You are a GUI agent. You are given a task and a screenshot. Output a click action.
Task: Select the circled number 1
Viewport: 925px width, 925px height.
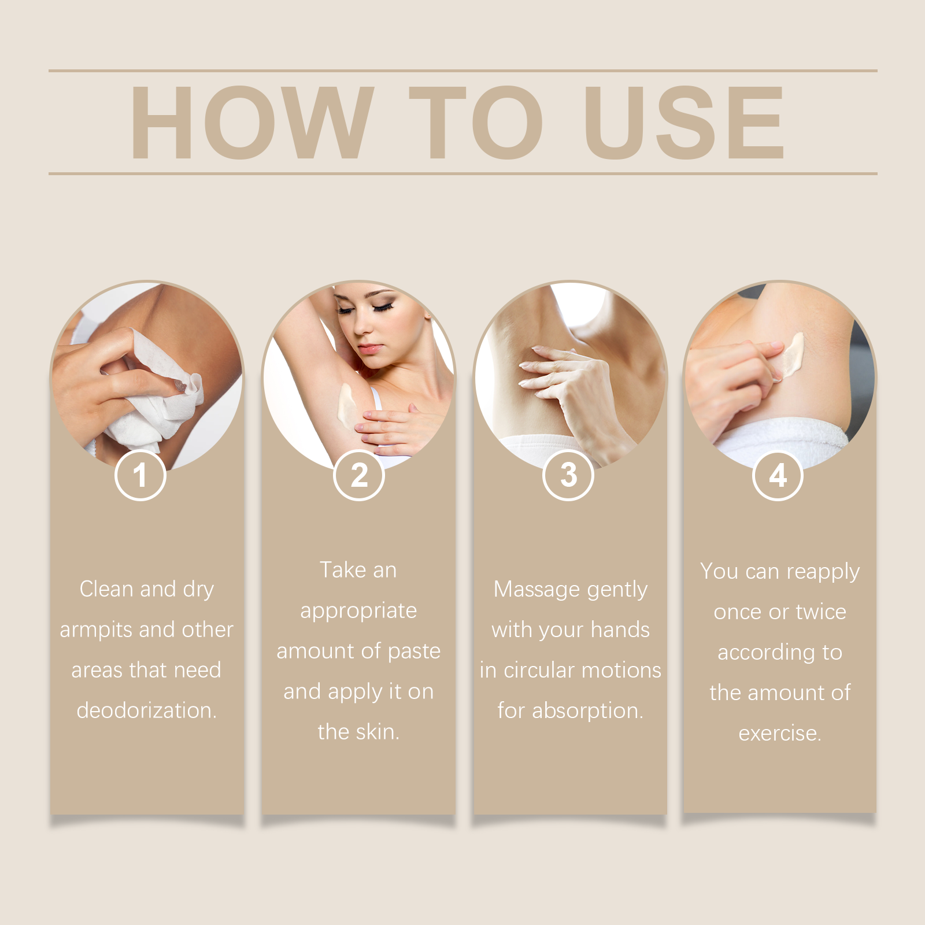(x=140, y=475)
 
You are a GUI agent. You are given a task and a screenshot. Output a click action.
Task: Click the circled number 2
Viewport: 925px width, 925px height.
(x=358, y=475)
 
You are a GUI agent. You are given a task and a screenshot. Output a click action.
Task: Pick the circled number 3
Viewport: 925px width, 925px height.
(x=568, y=475)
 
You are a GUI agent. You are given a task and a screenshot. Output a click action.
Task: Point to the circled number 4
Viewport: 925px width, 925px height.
(x=778, y=475)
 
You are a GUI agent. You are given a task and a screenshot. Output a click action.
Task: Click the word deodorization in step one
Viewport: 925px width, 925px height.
(x=146, y=711)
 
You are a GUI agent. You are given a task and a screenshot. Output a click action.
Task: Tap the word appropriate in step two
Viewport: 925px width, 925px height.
(x=358, y=611)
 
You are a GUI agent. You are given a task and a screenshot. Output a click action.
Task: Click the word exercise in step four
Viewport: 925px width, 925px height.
(x=779, y=734)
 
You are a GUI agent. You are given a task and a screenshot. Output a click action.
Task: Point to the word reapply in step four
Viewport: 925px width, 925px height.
(x=823, y=572)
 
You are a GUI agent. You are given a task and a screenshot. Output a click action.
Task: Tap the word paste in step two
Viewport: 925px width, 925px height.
(x=414, y=652)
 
